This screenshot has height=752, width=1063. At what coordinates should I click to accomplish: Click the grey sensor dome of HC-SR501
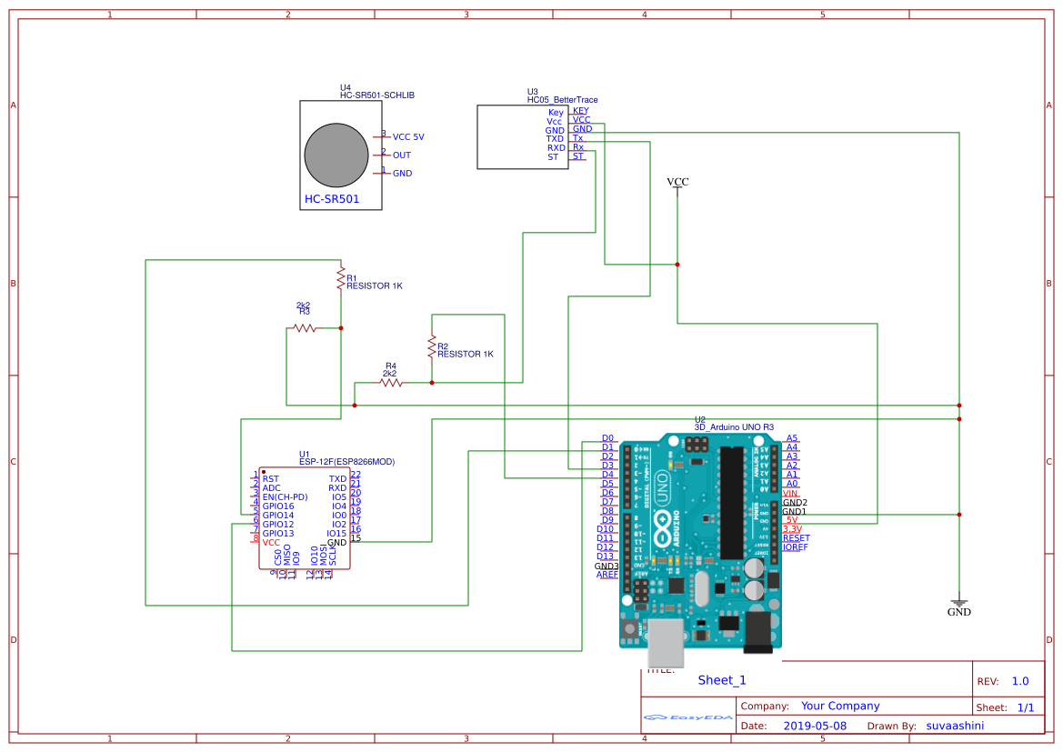(x=336, y=155)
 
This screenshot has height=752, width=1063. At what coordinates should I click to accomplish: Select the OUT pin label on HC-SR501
(x=401, y=155)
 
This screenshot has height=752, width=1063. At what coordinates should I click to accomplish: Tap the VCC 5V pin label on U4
(x=408, y=137)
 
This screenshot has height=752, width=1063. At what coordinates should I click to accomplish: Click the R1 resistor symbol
(x=340, y=275)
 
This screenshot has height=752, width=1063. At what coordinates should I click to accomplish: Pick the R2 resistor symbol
(x=432, y=346)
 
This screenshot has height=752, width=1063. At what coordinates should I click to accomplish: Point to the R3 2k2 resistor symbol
(x=304, y=327)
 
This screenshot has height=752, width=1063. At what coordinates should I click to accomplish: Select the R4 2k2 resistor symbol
(x=391, y=383)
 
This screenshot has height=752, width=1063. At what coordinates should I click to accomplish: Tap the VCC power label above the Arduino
(x=677, y=183)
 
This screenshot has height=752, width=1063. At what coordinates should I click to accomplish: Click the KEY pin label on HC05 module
(x=580, y=111)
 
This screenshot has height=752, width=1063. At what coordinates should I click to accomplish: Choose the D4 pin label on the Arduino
(x=607, y=475)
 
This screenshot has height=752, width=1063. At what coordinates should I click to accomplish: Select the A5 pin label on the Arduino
(x=791, y=438)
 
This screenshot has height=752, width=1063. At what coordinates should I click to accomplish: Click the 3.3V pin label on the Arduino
(x=791, y=529)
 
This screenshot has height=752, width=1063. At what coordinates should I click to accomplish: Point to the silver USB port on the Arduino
(x=667, y=644)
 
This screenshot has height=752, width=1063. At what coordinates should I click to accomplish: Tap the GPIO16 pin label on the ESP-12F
(x=277, y=506)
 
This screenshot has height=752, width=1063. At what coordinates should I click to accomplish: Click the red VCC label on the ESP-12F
(x=271, y=543)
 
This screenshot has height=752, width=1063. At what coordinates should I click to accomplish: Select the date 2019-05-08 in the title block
(x=814, y=726)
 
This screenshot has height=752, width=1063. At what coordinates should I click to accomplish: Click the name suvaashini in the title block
(x=955, y=726)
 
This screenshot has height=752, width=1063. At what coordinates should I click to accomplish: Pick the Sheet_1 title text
(x=722, y=680)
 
